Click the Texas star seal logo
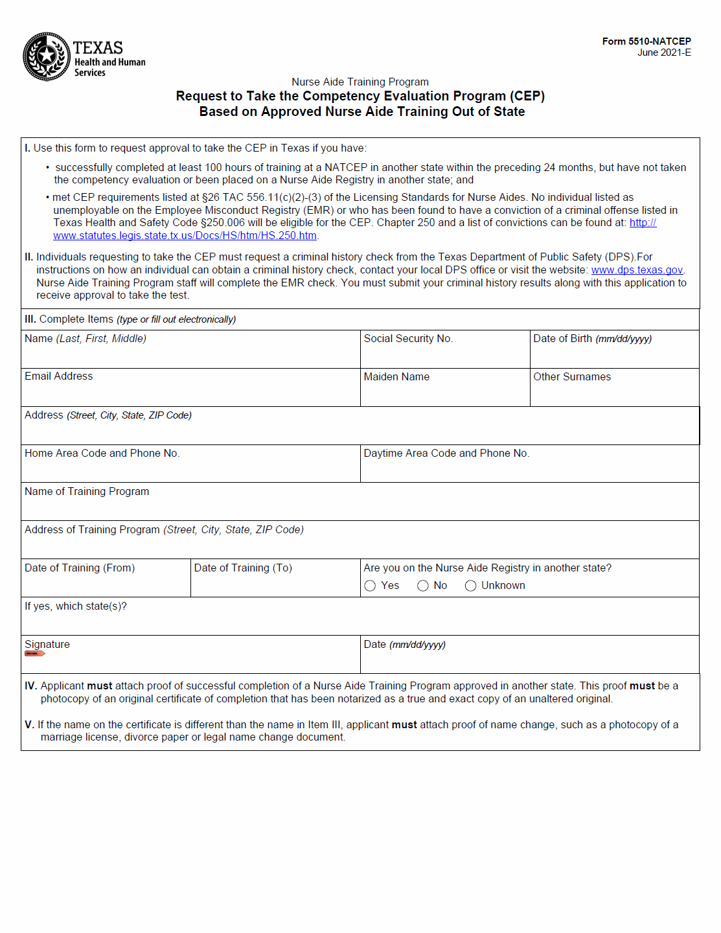(x=46, y=56)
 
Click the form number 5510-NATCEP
(x=646, y=41)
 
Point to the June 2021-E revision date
(x=663, y=52)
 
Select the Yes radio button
(x=371, y=586)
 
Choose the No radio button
(x=423, y=586)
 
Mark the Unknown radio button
(x=471, y=586)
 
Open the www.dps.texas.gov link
(x=637, y=270)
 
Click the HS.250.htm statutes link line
(x=185, y=236)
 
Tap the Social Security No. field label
(x=408, y=339)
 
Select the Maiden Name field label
(x=396, y=377)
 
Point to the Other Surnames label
(x=571, y=377)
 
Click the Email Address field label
(x=58, y=376)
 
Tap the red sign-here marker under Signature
(x=34, y=654)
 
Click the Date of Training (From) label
(x=80, y=568)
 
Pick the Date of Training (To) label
(x=243, y=568)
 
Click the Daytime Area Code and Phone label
(x=446, y=454)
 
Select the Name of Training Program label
(x=87, y=492)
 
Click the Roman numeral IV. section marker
(x=30, y=686)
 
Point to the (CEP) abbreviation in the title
(x=527, y=97)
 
